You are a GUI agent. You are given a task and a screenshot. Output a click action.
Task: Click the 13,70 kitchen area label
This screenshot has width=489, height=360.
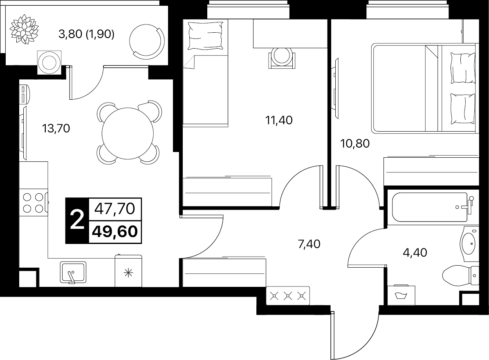(56, 128)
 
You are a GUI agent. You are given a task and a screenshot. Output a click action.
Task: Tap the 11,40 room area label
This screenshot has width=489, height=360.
(279, 120)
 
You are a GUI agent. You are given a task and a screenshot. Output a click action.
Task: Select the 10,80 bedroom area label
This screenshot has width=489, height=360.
(355, 143)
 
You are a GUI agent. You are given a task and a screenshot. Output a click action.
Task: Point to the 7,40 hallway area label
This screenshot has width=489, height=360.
(309, 244)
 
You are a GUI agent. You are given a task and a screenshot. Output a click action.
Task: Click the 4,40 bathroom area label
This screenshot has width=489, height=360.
(415, 252)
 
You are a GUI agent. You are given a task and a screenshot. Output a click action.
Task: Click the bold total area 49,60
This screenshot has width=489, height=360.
(115, 232)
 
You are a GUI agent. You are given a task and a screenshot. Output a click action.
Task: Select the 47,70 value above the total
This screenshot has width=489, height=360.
(115, 208)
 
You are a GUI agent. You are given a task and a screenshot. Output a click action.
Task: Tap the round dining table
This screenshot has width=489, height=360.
(128, 133)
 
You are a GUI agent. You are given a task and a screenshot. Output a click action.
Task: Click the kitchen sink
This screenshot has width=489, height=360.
(73, 273)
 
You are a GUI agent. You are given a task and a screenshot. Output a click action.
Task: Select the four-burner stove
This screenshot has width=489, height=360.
(34, 203)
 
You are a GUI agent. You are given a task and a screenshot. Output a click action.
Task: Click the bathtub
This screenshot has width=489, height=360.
(432, 207)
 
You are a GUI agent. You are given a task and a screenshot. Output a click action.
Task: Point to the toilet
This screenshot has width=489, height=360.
(461, 275)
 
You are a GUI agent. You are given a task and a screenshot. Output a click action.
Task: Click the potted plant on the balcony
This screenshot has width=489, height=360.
(24, 31)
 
